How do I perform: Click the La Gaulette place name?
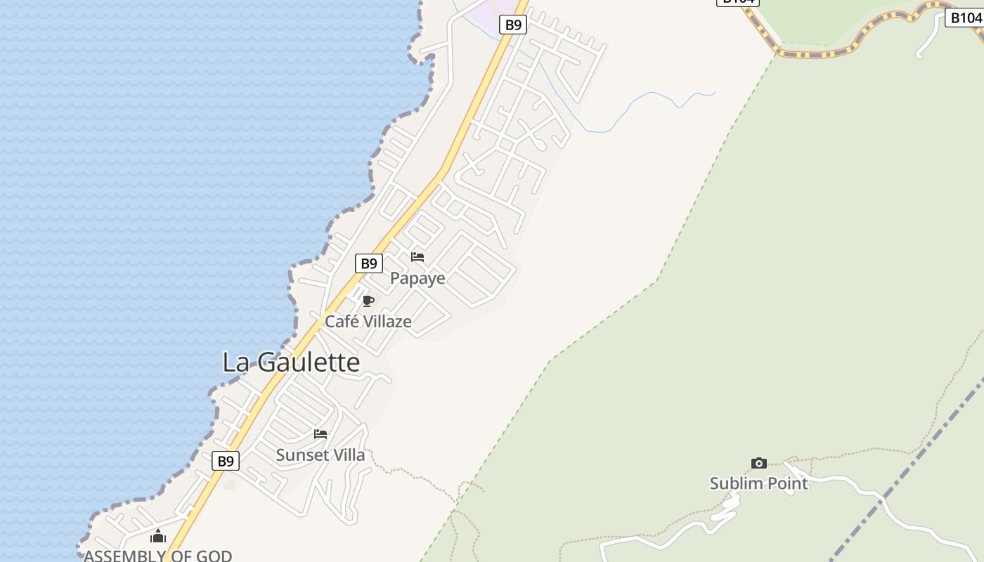pos(291,362)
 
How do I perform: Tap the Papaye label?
pos(417,278)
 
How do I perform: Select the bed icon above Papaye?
pos(417,257)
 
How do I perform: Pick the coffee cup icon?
pos(368,301)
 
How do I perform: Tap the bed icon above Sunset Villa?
pos(321,434)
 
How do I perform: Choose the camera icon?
pos(759,463)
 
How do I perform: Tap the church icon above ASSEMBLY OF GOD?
pos(158,537)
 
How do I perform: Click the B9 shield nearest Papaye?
pos(369,263)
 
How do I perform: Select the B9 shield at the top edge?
pos(514,25)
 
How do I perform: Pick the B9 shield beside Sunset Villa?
pos(226,461)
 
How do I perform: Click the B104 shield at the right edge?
pos(964,18)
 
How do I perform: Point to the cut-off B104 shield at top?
pos(738,2)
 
